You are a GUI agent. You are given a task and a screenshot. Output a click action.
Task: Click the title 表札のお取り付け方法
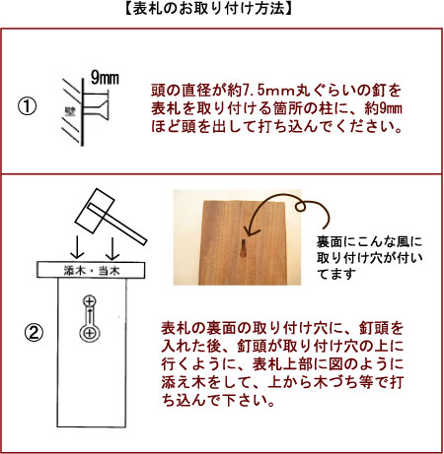(208, 9)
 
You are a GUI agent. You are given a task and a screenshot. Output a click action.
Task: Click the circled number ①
(27, 107)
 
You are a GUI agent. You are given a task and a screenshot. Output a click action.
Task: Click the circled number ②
(34, 334)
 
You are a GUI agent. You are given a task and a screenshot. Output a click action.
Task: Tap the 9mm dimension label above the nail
(105, 78)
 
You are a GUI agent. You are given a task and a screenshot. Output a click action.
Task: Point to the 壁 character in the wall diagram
(70, 111)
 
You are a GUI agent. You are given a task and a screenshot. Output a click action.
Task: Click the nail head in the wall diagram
(105, 109)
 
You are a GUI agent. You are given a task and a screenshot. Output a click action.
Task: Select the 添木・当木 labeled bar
(91, 270)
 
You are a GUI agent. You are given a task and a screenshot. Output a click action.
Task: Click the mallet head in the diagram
(95, 210)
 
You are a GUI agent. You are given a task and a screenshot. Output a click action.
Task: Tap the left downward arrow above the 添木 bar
(77, 248)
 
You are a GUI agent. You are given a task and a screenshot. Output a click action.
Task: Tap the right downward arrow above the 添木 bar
(112, 248)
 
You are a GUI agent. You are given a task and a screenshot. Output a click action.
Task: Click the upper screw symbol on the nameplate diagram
(90, 301)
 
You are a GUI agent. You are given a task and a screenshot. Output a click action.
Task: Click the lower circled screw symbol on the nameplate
(90, 334)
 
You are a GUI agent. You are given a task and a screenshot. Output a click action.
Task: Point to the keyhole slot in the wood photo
(244, 250)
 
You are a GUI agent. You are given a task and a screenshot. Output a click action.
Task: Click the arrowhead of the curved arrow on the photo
(250, 230)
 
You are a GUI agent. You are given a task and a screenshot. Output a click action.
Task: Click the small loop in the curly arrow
(300, 207)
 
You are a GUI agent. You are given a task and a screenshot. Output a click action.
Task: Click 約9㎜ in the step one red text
(384, 108)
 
